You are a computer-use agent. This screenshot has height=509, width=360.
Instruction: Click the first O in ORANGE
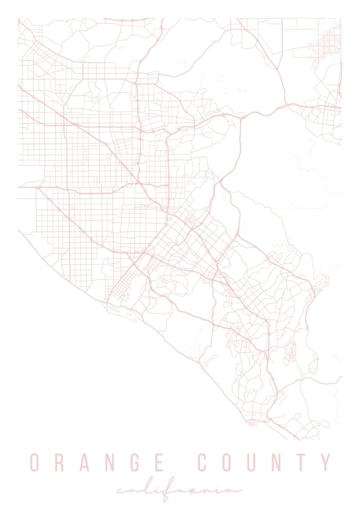point(35,463)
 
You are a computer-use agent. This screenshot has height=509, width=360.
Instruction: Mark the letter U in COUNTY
point(253,463)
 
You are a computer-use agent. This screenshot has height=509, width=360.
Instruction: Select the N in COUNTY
point(279,463)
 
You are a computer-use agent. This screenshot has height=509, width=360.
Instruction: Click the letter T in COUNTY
point(303,463)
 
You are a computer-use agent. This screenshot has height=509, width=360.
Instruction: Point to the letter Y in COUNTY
point(326,463)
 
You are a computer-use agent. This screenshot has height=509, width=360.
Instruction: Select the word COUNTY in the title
point(264,463)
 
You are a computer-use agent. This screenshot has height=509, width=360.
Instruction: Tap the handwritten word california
point(179,491)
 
